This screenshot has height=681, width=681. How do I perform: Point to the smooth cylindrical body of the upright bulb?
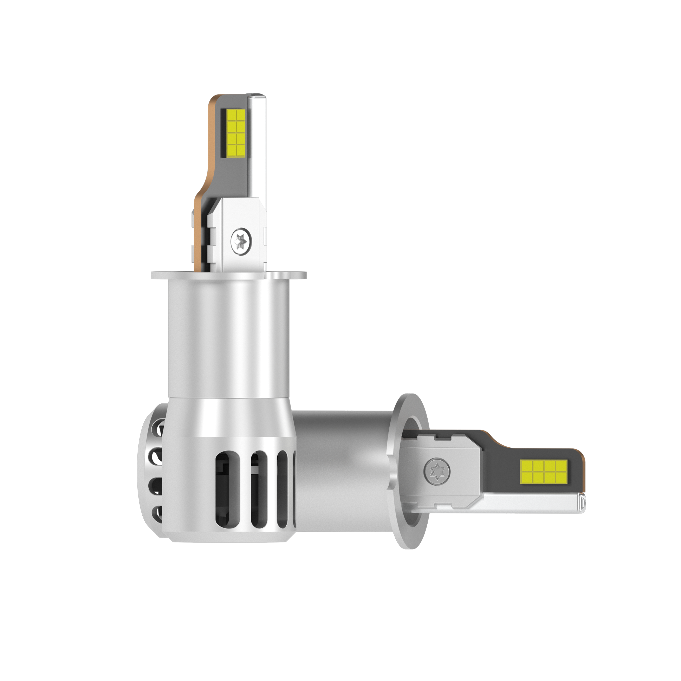point(229,335)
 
